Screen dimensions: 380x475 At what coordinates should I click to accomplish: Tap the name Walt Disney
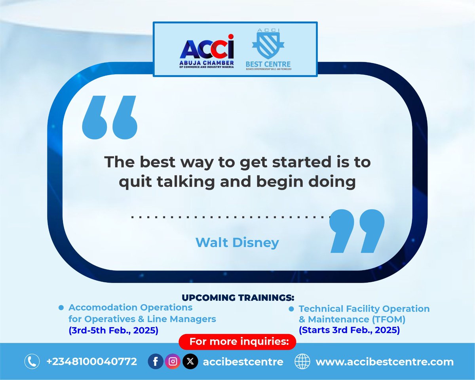(x=237, y=242)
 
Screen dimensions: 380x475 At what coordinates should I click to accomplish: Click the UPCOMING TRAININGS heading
(x=238, y=297)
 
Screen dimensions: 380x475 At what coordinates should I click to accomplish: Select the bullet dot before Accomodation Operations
(x=61, y=308)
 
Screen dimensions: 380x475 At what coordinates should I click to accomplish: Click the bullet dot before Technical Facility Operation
(x=291, y=308)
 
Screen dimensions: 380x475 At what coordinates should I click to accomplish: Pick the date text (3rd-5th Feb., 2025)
(x=113, y=330)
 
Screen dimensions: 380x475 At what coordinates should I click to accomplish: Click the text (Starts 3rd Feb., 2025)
(x=349, y=330)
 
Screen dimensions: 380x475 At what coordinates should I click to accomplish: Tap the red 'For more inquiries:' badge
(x=237, y=341)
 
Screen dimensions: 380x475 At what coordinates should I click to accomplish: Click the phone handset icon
(x=31, y=361)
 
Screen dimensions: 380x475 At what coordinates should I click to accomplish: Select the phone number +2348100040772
(x=91, y=361)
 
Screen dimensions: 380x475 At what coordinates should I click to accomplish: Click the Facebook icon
(x=156, y=361)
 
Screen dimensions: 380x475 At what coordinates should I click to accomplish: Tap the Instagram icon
(x=173, y=361)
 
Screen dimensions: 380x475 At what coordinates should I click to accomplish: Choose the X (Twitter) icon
(x=190, y=361)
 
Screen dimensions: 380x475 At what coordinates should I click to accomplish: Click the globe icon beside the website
(x=303, y=361)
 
